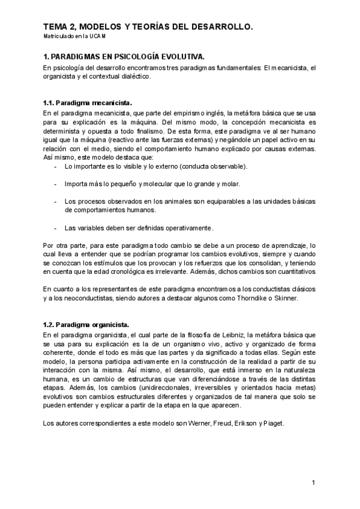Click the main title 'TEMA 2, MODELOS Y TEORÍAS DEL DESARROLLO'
(x=148, y=27)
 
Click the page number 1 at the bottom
(x=313, y=483)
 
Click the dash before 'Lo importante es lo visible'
(x=56, y=166)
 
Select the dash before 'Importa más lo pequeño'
(x=56, y=184)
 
